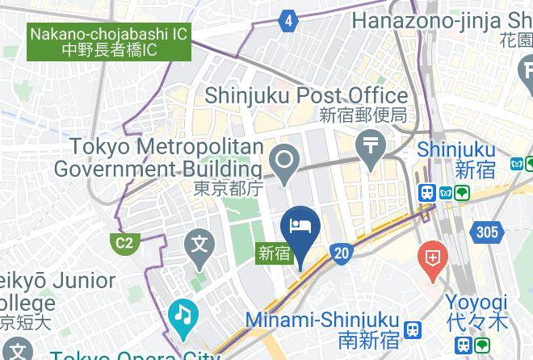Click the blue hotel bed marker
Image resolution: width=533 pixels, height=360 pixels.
tap(300, 230)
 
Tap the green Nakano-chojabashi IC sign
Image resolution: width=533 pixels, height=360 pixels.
tap(110, 42)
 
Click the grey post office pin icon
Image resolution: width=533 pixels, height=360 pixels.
tap(371, 149)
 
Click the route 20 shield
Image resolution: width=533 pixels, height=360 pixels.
tap(342, 253)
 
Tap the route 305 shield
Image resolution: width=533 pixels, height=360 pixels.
tap(488, 232)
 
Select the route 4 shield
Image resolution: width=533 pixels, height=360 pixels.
tap(289, 22)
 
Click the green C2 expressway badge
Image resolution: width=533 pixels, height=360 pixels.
tap(124, 243)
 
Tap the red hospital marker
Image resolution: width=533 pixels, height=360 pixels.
tap(433, 260)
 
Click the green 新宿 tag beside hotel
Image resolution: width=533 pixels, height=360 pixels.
tap(274, 252)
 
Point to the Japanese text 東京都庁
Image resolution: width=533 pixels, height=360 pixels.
tap(229, 188)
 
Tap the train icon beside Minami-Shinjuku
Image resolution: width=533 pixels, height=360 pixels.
tap(413, 330)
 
